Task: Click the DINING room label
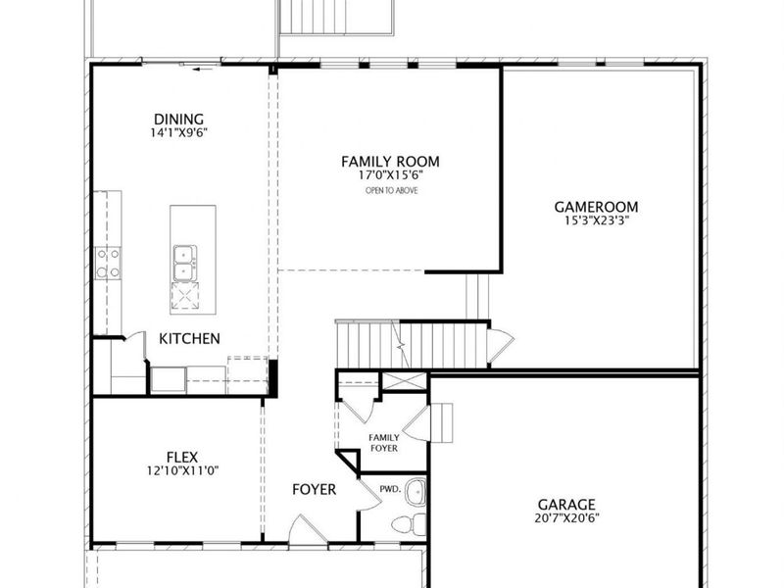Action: [x=178, y=119]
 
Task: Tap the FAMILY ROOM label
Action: [x=390, y=162]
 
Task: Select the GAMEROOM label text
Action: [x=596, y=207]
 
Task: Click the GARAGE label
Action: [x=566, y=505]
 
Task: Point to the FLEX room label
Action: [x=182, y=457]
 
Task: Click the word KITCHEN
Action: [x=189, y=338]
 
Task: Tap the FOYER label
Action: [x=314, y=489]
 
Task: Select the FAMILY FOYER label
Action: [x=384, y=443]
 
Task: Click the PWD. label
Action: [x=390, y=489]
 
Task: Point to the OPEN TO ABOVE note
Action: [x=391, y=190]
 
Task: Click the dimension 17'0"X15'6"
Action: [x=391, y=175]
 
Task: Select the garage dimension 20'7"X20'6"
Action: [x=566, y=518]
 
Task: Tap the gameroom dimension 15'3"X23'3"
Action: [x=596, y=220]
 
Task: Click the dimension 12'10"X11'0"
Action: [x=182, y=470]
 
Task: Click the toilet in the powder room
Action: [x=409, y=524]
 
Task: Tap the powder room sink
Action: [x=416, y=493]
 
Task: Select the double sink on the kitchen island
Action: [x=185, y=264]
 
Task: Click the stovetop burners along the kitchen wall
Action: [x=108, y=263]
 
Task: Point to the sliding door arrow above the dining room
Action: [x=203, y=69]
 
